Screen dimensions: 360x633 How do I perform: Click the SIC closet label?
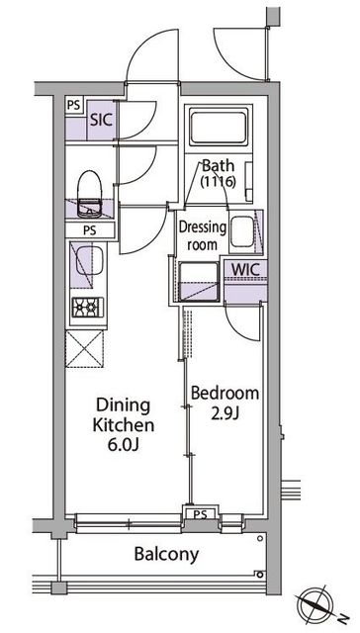[x=101, y=120]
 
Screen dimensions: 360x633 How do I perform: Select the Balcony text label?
[x=166, y=555]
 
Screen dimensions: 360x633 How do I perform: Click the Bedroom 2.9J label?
[x=225, y=404]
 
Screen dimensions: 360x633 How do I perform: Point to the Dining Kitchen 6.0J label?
[x=124, y=424]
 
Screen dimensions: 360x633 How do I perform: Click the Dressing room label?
[x=203, y=235]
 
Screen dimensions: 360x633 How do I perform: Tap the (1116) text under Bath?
[x=218, y=181]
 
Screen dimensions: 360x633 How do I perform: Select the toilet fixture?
[x=90, y=194]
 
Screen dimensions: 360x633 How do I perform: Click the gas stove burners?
[x=88, y=307]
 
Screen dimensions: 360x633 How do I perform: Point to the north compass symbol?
[x=317, y=605]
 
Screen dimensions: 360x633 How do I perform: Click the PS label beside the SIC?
[x=74, y=106]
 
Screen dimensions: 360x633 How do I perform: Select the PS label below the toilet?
[x=90, y=230]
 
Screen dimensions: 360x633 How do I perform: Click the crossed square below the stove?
[x=85, y=349]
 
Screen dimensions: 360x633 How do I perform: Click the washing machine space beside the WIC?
[x=198, y=281]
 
